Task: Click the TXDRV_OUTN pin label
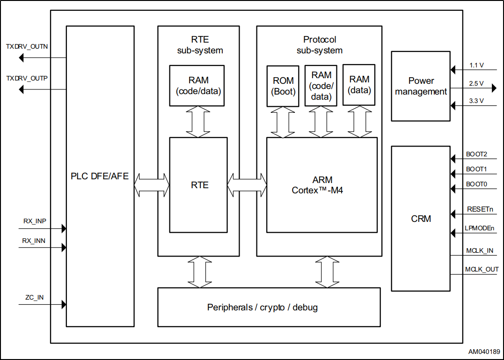click(x=27, y=47)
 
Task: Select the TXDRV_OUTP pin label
click(x=27, y=78)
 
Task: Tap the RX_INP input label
click(x=35, y=221)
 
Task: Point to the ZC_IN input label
click(x=35, y=297)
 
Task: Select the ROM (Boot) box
click(x=283, y=86)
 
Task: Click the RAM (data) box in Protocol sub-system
click(x=359, y=85)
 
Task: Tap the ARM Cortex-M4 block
click(x=321, y=185)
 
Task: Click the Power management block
click(x=421, y=86)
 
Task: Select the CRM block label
click(x=421, y=219)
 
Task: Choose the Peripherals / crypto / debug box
click(x=269, y=307)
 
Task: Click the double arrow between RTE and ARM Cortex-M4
click(x=247, y=185)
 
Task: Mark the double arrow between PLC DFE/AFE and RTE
click(x=152, y=185)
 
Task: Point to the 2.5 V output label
click(x=476, y=84)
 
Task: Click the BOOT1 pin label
click(x=476, y=169)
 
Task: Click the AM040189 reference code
click(x=484, y=351)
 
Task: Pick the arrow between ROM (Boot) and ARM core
click(x=283, y=122)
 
